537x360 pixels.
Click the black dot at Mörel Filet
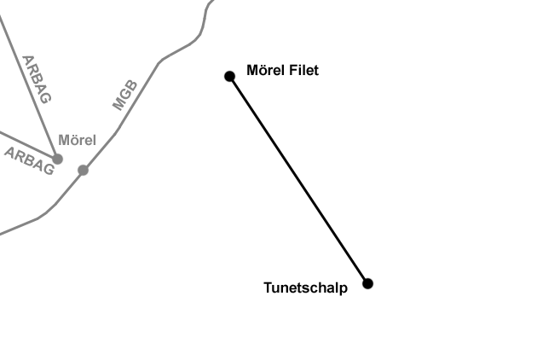(x=229, y=76)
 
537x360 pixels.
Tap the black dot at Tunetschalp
(x=367, y=283)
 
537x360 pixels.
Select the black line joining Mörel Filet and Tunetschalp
(x=298, y=179)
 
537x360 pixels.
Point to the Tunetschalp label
(x=305, y=288)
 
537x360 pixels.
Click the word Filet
(x=303, y=71)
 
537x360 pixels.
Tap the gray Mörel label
(x=77, y=140)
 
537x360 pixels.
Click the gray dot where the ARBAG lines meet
(x=57, y=159)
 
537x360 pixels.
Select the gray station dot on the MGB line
(x=83, y=170)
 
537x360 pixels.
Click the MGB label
(x=124, y=95)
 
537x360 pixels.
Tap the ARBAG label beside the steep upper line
(x=37, y=78)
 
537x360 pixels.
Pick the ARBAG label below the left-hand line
(x=29, y=160)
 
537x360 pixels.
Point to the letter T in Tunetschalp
(x=268, y=287)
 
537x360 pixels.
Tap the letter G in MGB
(x=124, y=95)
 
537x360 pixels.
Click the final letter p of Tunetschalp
(x=343, y=290)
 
